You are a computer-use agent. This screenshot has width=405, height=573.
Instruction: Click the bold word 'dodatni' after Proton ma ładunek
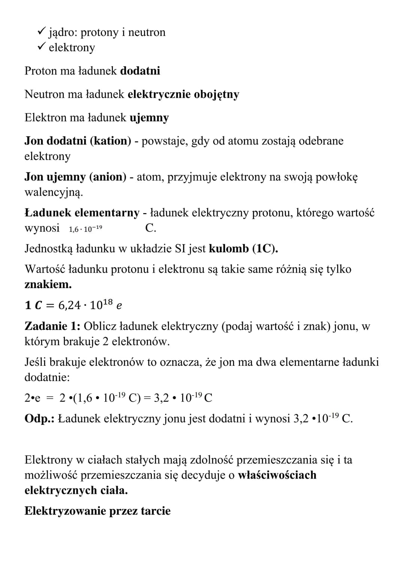[140, 71]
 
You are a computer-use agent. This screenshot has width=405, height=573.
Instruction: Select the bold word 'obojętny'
[216, 95]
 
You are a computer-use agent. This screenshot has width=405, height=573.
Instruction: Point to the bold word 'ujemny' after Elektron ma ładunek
[149, 118]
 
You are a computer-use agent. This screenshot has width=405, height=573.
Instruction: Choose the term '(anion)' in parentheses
[108, 177]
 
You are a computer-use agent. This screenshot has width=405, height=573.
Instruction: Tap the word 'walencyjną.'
[53, 193]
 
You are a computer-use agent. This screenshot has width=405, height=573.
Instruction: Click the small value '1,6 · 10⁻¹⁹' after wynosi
[85, 229]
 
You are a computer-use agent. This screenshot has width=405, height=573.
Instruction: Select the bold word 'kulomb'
[229, 249]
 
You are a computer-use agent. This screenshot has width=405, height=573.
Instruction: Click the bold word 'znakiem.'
[48, 285]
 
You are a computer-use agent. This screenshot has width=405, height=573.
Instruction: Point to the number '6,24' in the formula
[69, 305]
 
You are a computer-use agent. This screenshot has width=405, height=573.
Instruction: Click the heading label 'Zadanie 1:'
[52, 326]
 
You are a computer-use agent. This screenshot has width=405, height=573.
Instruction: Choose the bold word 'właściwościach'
[277, 475]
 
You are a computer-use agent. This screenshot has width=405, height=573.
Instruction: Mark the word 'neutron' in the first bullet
[147, 32]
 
